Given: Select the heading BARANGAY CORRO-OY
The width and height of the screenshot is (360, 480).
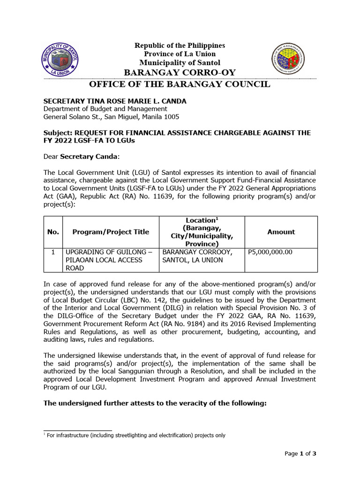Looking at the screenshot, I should (x=180, y=72).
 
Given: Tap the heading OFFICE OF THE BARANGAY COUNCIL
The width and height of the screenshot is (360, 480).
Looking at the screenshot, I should (x=180, y=84).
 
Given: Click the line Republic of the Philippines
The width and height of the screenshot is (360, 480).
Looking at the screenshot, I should (x=180, y=45).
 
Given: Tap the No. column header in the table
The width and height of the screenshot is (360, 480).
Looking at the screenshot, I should (x=53, y=232).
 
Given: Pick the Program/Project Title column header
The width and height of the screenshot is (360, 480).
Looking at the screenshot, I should (x=111, y=232).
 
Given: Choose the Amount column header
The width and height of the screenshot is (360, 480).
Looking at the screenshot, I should (x=281, y=232).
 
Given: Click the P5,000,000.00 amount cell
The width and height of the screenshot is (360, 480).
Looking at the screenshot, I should (x=270, y=252).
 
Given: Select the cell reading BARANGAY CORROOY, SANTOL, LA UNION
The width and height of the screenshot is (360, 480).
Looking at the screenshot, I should (x=196, y=256).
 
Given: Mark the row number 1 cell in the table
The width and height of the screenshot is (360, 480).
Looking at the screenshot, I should (x=53, y=252).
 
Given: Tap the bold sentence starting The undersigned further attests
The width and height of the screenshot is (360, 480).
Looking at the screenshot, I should (x=155, y=402).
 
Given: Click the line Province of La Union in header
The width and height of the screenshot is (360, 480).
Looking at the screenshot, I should (x=180, y=54).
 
